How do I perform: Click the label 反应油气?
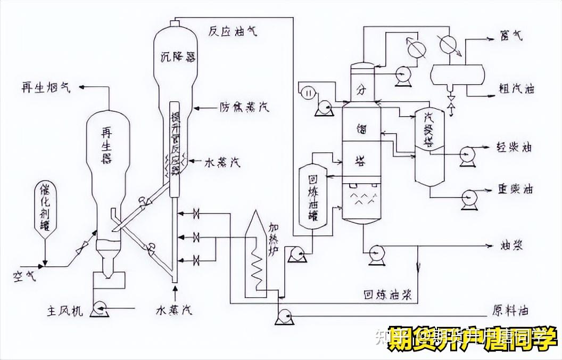(x=233, y=31)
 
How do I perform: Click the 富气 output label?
(x=511, y=36)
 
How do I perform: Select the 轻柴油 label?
(x=514, y=147)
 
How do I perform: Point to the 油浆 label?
(x=510, y=246)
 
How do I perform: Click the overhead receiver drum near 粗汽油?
(x=457, y=73)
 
